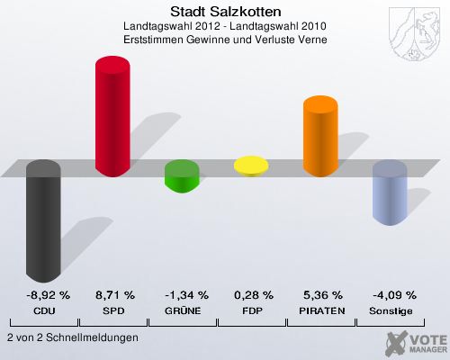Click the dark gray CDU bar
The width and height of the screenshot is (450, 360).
point(44,220)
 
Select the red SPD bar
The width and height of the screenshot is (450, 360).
point(113,115)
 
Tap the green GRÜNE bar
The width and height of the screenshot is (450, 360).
point(183,175)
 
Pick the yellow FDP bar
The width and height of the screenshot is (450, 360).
point(252,166)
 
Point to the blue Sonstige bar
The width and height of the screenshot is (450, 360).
point(391,193)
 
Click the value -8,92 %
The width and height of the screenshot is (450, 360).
point(44,295)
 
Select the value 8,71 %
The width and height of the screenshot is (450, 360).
point(113,295)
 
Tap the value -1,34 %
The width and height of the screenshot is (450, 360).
point(183,295)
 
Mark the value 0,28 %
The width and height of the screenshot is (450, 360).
point(252,295)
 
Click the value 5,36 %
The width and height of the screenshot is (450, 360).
point(321,295)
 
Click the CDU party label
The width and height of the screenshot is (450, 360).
point(44,310)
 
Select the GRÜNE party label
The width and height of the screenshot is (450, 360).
point(183,310)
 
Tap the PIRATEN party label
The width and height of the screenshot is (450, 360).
point(321,310)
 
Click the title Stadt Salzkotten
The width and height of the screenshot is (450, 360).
point(224,12)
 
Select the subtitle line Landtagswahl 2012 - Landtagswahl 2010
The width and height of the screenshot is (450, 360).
point(224,27)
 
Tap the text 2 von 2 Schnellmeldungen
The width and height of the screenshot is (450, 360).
point(72,337)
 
